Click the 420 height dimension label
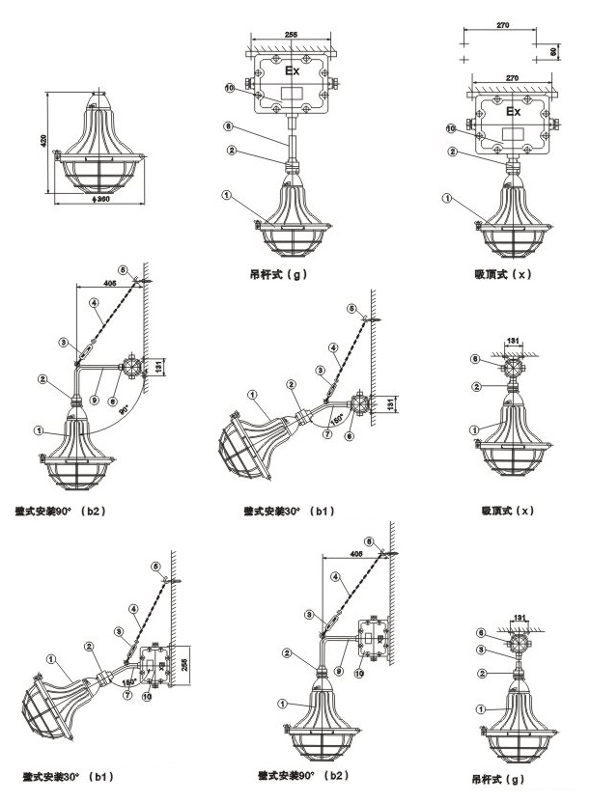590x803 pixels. tap(42, 142)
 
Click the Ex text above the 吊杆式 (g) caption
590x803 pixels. tap(293, 70)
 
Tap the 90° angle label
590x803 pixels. tap(126, 407)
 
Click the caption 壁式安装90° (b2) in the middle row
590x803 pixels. tap(62, 508)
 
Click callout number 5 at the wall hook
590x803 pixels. tap(155, 566)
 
